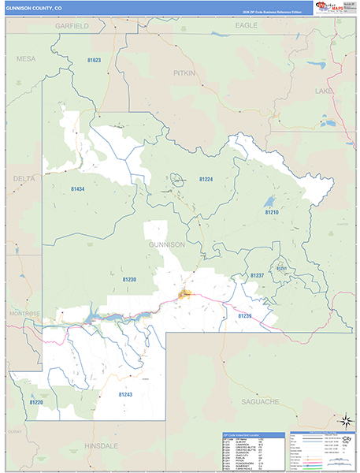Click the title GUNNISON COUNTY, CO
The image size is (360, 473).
click(34, 8)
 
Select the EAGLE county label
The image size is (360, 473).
click(247, 26)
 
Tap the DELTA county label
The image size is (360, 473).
click(24, 179)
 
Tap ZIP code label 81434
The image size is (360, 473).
click(77, 188)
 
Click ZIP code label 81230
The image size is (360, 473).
click(129, 279)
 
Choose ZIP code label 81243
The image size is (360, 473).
click(126, 393)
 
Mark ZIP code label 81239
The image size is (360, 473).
click(246, 315)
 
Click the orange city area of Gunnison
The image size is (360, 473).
click(187, 295)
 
